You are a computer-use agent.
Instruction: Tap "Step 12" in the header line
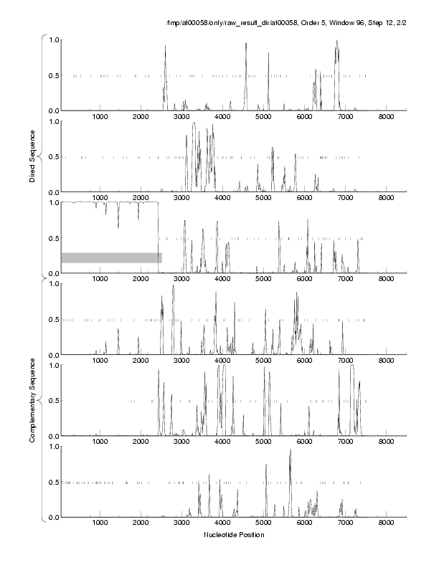tap(369, 24)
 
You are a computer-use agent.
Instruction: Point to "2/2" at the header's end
tap(397, 24)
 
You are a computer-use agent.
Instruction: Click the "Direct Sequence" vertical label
tap(33, 161)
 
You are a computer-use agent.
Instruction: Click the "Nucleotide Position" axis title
tap(234, 535)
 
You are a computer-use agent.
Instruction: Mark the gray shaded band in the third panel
tap(111, 257)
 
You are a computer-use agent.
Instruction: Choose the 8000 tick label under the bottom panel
tap(387, 523)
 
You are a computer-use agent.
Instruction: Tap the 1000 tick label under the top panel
tap(100, 116)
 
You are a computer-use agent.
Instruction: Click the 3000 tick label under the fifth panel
tap(181, 442)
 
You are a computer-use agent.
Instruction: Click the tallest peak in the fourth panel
tap(173, 286)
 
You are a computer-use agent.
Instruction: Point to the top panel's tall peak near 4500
tap(246, 43)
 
